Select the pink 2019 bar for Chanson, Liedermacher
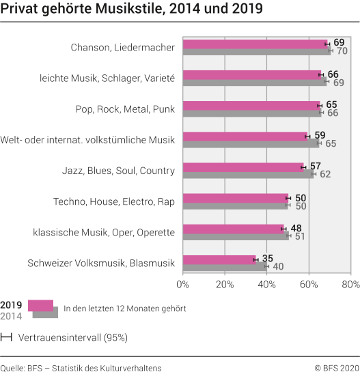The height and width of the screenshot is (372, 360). [253, 44]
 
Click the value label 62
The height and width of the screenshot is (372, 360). [325, 174]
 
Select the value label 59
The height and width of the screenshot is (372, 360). [320, 135]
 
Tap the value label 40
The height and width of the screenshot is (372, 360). [278, 266]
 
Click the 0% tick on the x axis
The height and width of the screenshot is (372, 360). [182, 283]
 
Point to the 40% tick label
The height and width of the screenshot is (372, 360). [266, 283]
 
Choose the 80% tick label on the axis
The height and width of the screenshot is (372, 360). [350, 283]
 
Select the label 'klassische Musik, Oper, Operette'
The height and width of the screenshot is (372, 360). [104, 232]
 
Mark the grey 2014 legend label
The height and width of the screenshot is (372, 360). [11, 315]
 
